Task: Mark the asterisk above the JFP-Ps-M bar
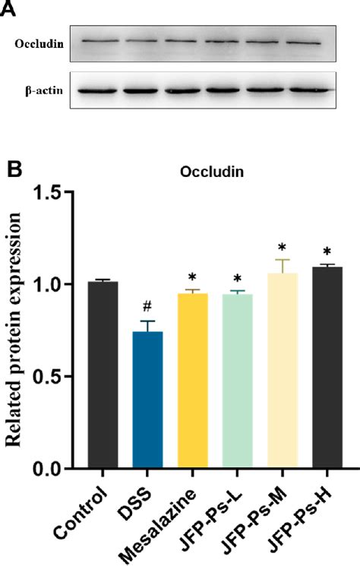(283, 248)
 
